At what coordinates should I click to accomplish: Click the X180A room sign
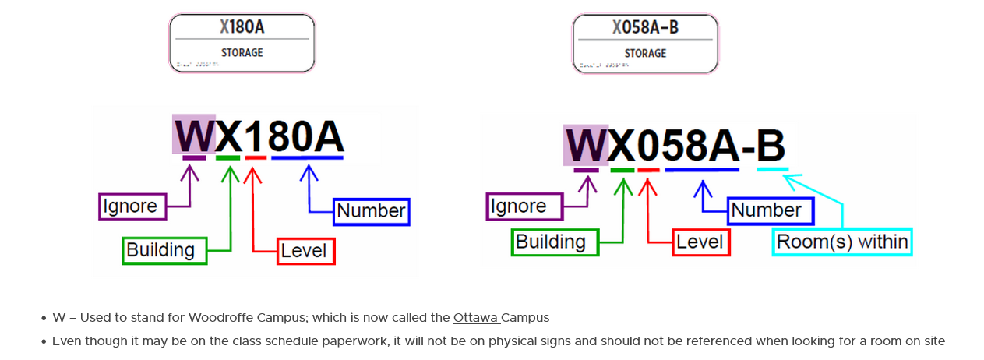(x=242, y=43)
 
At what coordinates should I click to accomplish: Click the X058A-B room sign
(x=645, y=44)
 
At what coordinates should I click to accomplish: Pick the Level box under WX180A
(x=306, y=251)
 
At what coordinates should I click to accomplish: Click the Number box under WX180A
(x=372, y=211)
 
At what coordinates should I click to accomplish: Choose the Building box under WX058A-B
(x=554, y=242)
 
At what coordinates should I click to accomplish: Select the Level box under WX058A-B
(x=700, y=242)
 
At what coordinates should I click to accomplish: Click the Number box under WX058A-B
(x=770, y=210)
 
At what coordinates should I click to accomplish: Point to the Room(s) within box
(x=841, y=242)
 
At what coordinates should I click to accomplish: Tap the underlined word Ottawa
(x=475, y=318)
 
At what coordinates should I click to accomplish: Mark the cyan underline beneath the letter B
(x=772, y=169)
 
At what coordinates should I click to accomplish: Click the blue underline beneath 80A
(x=307, y=158)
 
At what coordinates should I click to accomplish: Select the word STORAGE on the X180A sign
(x=242, y=53)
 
